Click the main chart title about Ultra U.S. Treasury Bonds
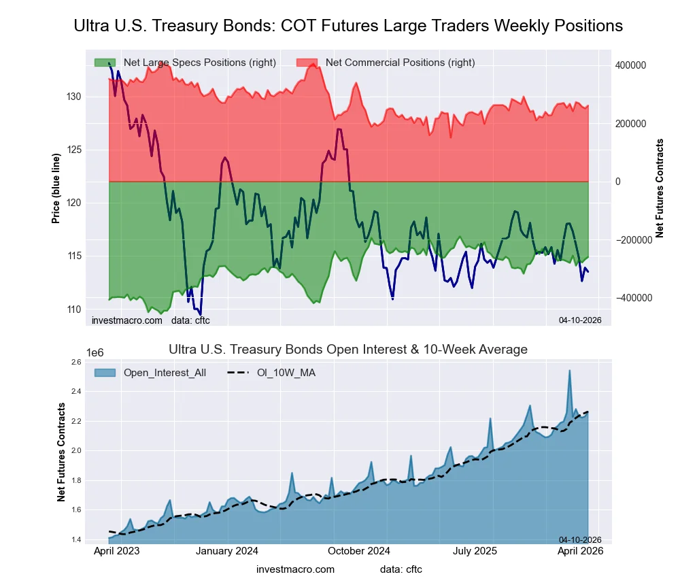[x=347, y=26]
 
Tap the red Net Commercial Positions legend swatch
[x=307, y=63]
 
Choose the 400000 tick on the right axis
[x=630, y=65]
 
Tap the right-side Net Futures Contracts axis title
[x=660, y=188]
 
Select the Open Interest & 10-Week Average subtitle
[x=347, y=350]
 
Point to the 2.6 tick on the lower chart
[x=75, y=362]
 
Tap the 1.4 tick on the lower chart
[x=75, y=539]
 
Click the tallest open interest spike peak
[x=570, y=371]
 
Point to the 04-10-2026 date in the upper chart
[x=575, y=320]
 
